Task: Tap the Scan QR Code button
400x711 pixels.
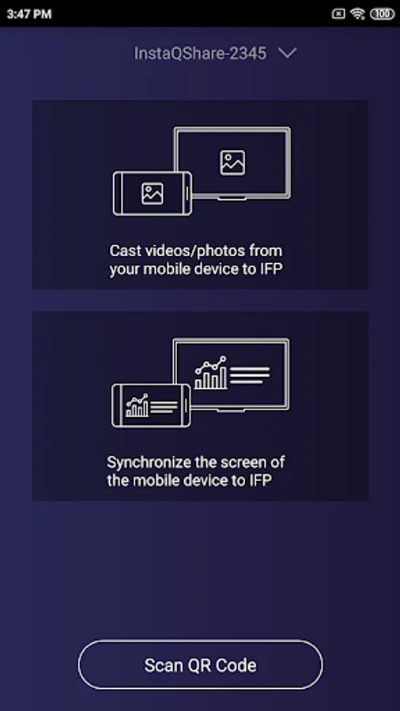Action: click(200, 664)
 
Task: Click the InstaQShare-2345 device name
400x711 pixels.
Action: click(200, 54)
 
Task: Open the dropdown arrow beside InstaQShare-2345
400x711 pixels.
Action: click(288, 53)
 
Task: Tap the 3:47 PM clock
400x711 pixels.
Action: click(29, 14)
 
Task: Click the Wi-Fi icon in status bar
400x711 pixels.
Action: click(358, 14)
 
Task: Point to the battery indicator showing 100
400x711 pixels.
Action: click(383, 14)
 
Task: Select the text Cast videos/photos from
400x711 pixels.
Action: click(196, 250)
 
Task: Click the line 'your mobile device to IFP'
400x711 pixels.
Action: click(196, 269)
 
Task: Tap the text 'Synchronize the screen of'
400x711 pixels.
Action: click(196, 462)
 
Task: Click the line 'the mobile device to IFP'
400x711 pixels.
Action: click(189, 480)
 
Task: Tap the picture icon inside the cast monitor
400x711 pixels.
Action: click(232, 163)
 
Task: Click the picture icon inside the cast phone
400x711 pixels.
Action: click(153, 194)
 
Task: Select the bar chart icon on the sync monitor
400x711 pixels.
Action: click(211, 373)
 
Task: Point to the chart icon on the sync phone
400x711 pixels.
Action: click(138, 405)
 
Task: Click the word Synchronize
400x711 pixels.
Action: click(149, 462)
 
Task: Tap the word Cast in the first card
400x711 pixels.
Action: click(123, 250)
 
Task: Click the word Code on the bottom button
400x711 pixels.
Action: click(236, 665)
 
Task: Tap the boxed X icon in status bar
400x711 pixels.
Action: click(338, 14)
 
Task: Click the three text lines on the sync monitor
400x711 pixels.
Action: click(250, 375)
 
